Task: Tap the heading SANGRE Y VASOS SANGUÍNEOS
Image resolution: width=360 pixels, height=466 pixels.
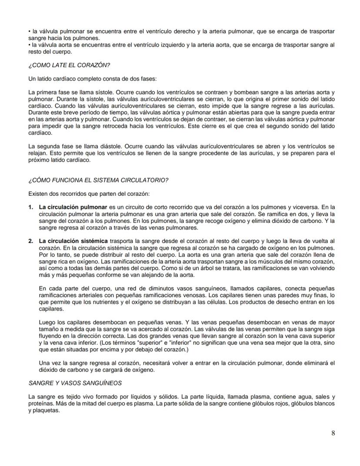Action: point(75,383)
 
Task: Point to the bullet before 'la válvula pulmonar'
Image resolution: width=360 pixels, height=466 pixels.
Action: point(29,32)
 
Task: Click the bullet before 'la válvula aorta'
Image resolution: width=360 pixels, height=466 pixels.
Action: point(29,45)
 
